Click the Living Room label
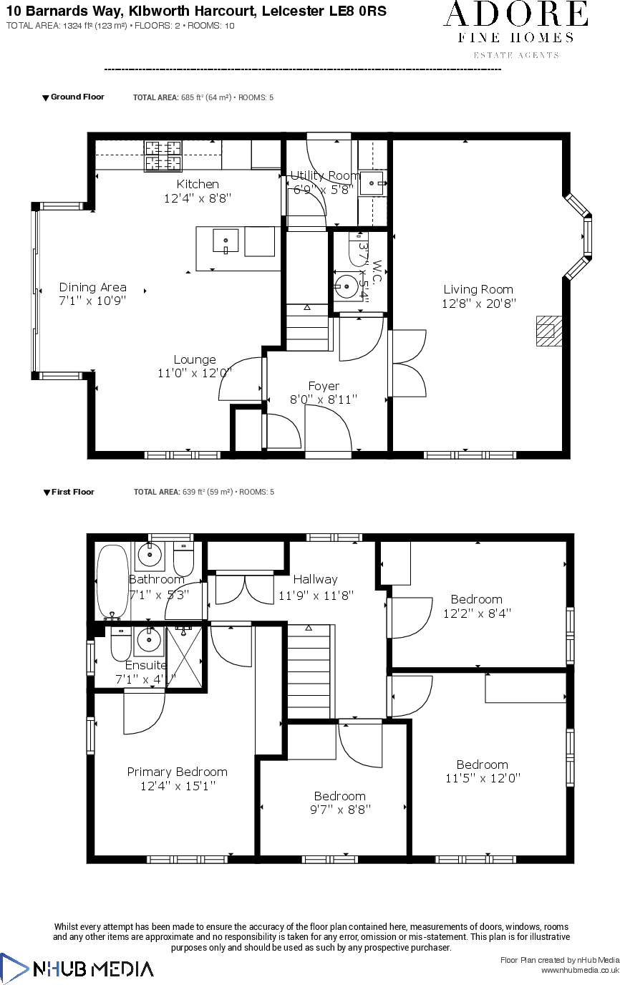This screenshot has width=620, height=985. (x=478, y=289)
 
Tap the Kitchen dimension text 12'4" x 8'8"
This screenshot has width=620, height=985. (x=198, y=198)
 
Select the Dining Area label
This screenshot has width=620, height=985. (x=92, y=287)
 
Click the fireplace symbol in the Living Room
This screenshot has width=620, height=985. (x=548, y=331)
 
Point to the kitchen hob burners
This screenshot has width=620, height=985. (x=163, y=156)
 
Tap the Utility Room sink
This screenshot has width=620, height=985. (x=372, y=183)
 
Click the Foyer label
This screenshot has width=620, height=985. (x=324, y=386)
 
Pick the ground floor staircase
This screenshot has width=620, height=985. (x=308, y=326)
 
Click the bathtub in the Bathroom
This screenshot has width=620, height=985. (x=112, y=582)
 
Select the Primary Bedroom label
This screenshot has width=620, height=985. (x=177, y=772)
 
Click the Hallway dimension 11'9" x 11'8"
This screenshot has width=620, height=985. (x=316, y=594)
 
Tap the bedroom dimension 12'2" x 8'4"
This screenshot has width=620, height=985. (x=476, y=613)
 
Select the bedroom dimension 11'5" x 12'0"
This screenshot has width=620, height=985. (x=483, y=778)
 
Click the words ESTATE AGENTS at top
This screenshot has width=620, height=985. (x=516, y=55)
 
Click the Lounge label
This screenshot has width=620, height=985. (x=195, y=359)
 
